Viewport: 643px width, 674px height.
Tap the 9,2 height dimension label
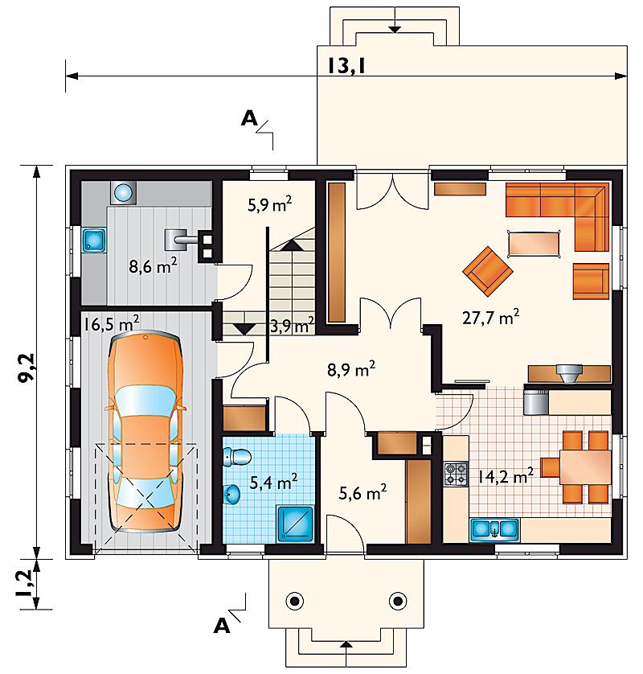28,368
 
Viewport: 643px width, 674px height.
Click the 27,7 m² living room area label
490,318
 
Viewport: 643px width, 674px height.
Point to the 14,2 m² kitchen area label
506,476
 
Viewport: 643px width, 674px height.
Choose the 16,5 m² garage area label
111,323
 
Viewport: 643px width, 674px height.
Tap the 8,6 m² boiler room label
153,266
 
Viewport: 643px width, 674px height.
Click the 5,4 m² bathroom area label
273,483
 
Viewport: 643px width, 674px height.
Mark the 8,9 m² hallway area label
351,369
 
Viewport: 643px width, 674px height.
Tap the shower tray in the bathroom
296,523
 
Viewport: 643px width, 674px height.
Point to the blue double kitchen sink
494,529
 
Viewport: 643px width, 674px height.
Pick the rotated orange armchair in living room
488,271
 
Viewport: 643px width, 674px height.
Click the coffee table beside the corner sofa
534,244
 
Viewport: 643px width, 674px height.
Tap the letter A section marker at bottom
222,627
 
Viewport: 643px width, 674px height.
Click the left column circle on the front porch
295,601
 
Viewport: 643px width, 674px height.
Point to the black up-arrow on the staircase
292,245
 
